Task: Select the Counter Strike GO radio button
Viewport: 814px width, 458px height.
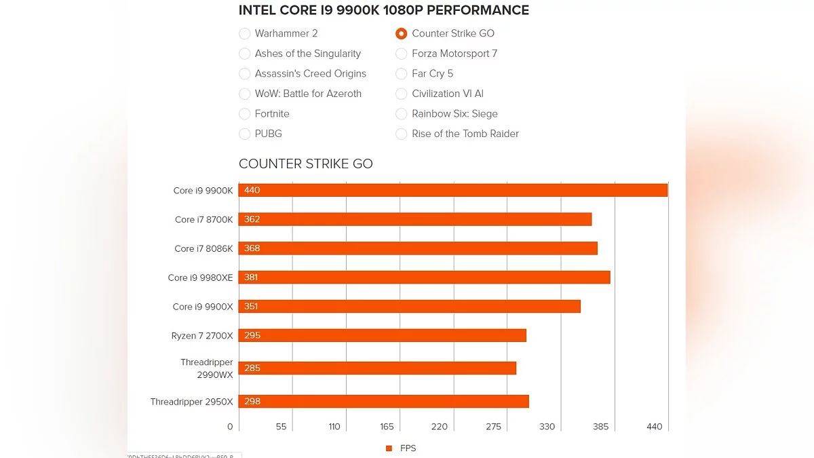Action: click(402, 33)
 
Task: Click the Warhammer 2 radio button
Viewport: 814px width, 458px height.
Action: click(245, 33)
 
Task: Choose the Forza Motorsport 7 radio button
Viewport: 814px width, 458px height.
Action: click(402, 54)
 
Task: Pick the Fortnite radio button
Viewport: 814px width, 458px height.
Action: click(245, 114)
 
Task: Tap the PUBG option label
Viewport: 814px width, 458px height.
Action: click(268, 134)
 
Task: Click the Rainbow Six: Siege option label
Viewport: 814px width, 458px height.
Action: click(454, 114)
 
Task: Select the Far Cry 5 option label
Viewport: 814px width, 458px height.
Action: click(432, 73)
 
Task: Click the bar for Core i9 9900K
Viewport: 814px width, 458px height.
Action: click(453, 191)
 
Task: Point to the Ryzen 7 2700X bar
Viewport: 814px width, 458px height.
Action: click(383, 335)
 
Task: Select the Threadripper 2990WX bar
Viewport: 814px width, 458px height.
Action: click(378, 368)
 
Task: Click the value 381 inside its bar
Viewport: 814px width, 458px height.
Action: click(252, 278)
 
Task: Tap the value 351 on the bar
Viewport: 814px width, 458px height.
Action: click(252, 307)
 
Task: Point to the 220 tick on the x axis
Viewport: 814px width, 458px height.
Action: click(440, 427)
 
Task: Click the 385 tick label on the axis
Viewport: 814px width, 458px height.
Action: click(600, 427)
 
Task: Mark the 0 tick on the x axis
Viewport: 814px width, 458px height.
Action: click(230, 427)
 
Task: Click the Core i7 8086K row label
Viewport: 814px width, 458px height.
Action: click(203, 249)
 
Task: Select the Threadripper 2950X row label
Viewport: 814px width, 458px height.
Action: click(191, 402)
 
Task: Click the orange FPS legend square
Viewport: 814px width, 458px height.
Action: click(389, 449)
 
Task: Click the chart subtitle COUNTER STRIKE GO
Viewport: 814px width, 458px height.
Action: click(305, 164)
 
